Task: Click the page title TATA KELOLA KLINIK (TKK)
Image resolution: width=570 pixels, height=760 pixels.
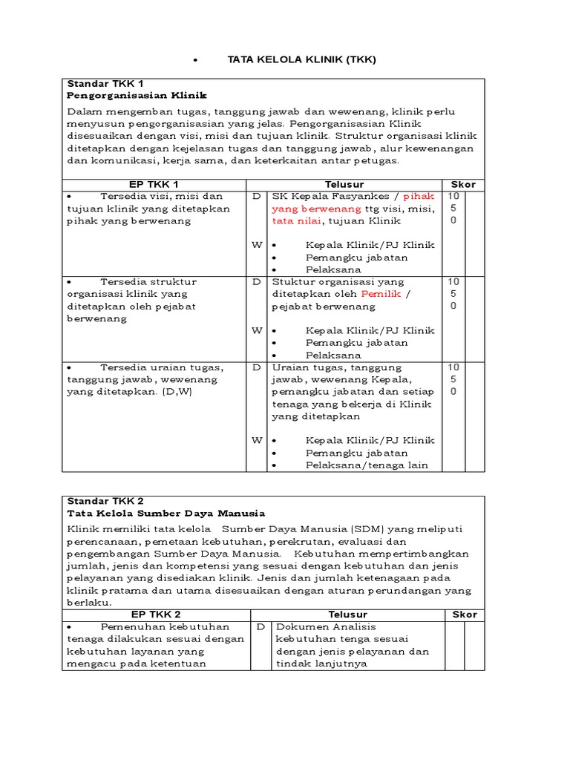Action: (301, 59)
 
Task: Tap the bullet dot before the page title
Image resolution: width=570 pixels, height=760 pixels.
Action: (194, 60)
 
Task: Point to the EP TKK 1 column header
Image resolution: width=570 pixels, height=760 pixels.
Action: (154, 184)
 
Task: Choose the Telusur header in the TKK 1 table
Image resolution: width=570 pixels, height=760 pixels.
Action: (344, 184)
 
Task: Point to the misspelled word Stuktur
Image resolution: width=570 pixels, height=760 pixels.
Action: (291, 281)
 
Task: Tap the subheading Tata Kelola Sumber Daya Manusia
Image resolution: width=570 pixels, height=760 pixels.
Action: (166, 513)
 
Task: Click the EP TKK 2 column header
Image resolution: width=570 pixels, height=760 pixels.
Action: (155, 615)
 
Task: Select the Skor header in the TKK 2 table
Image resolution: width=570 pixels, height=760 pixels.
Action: (465, 615)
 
